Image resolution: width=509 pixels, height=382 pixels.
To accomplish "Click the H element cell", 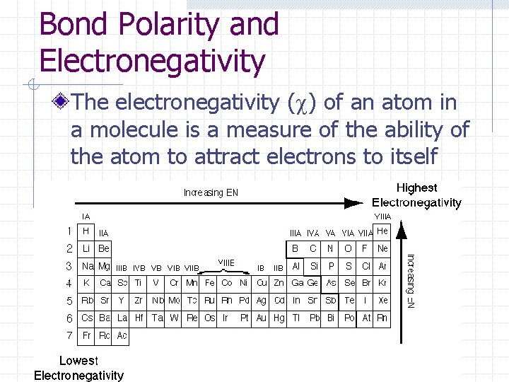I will click(x=86, y=231).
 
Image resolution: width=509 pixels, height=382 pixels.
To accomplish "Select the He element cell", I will click(x=382, y=231).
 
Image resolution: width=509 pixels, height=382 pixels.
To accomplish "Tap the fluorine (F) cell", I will click(x=365, y=248).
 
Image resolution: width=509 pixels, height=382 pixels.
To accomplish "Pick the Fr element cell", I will click(x=86, y=335).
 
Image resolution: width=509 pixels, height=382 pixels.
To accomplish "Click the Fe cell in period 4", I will click(x=209, y=283).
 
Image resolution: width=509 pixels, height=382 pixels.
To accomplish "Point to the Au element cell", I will click(x=262, y=318).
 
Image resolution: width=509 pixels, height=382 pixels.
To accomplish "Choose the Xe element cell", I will click(x=382, y=301).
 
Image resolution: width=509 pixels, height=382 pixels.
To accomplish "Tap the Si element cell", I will click(x=314, y=266).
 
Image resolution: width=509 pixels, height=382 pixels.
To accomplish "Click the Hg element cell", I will click(x=279, y=318).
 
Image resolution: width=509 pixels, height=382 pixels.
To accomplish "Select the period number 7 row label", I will click(x=69, y=335).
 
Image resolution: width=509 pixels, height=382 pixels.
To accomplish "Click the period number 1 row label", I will click(x=69, y=231).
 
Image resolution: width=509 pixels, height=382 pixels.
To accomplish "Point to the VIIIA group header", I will click(x=382, y=216).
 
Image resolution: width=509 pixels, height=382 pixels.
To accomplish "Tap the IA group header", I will click(x=86, y=216).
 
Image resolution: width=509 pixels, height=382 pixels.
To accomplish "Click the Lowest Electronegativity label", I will click(x=78, y=368).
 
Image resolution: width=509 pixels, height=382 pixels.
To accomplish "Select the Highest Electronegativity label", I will click(x=416, y=195).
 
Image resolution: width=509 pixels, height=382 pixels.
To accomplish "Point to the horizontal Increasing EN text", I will click(x=211, y=192).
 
